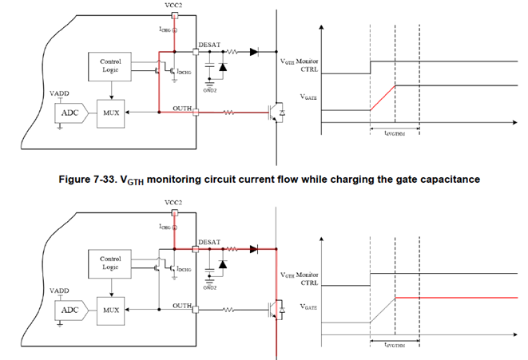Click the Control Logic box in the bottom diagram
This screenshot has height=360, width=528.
click(x=110, y=263)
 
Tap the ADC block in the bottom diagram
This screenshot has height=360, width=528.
click(x=69, y=308)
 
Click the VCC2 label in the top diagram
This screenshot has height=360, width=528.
click(x=196, y=6)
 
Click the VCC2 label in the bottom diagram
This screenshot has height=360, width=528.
click(x=196, y=203)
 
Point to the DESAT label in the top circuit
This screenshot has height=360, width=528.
click(x=209, y=45)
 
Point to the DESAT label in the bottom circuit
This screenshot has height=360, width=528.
click(x=209, y=242)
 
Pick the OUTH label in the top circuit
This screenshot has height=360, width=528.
click(x=182, y=108)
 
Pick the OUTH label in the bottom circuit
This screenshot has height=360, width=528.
click(x=182, y=304)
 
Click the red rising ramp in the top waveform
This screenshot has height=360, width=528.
click(x=383, y=97)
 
